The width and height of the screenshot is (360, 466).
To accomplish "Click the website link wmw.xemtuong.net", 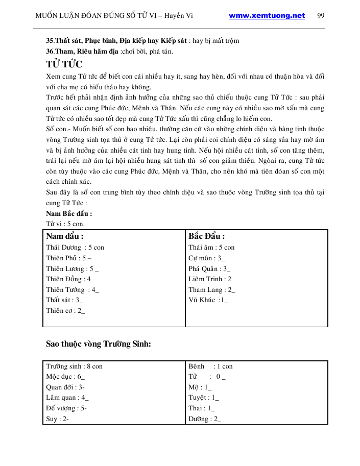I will click(x=267, y=15).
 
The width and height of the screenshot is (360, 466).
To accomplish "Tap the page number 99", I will click(x=321, y=15).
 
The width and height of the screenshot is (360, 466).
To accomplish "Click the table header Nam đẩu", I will click(x=65, y=236).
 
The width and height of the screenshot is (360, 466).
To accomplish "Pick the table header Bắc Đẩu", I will click(x=206, y=236).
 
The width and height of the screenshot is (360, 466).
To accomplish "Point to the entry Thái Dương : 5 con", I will click(x=75, y=248).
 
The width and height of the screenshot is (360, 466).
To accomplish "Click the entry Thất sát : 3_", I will click(x=64, y=300).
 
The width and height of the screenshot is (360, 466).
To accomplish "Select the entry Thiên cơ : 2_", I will click(x=65, y=311).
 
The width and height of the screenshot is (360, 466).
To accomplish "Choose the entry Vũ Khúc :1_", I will click(x=208, y=300).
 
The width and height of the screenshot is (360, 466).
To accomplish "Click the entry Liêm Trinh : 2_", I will click(x=211, y=279).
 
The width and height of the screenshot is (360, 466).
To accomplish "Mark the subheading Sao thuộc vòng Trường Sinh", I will click(x=99, y=344).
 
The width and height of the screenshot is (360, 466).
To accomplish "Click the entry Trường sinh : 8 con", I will click(x=74, y=366).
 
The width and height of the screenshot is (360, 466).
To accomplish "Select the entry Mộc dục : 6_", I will click(x=65, y=377).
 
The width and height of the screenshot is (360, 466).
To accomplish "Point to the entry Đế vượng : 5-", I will click(x=66, y=408).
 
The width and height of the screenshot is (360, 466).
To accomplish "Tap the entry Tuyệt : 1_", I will click(x=203, y=398).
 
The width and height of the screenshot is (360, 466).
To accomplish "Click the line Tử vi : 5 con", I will click(x=65, y=224).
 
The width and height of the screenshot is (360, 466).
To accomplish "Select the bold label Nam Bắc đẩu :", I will click(x=69, y=214).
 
